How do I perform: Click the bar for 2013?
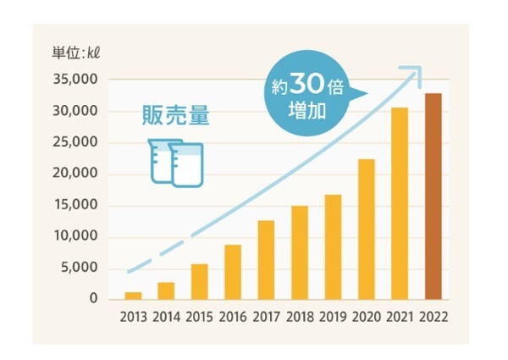(x=133, y=296)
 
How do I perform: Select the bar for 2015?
(x=199, y=281)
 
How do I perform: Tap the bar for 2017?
(x=266, y=260)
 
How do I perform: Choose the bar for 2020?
(x=367, y=229)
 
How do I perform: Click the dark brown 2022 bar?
(x=433, y=197)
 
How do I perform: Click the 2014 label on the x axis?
(x=166, y=319)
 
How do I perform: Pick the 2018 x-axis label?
(x=299, y=319)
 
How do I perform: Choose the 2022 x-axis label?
(x=433, y=319)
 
